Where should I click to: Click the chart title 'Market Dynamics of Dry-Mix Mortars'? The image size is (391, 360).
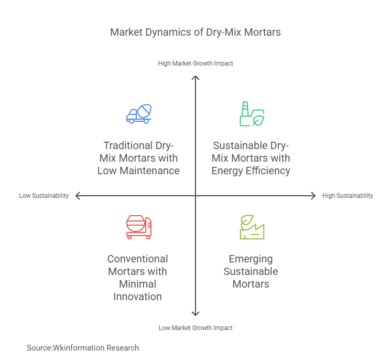pyautogui.click(x=195, y=32)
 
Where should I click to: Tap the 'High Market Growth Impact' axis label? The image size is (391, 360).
pyautogui.click(x=195, y=63)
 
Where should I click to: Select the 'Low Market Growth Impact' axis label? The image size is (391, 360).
pyautogui.click(x=195, y=327)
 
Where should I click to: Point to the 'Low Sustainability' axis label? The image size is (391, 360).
pyautogui.click(x=44, y=196)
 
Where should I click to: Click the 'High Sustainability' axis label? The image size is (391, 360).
pyautogui.click(x=347, y=196)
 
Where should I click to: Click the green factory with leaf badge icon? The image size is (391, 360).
pyautogui.click(x=252, y=114)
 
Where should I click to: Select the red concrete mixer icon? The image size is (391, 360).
pyautogui.click(x=139, y=227)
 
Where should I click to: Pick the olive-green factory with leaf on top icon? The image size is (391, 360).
pyautogui.click(x=252, y=227)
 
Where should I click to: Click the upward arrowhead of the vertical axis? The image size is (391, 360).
pyautogui.click(x=195, y=78)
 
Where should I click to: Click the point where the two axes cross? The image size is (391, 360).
pyautogui.click(x=195, y=196)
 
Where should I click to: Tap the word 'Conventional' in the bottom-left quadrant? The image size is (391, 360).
pyautogui.click(x=137, y=259)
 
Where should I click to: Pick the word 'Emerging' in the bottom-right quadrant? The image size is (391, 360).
pyautogui.click(x=251, y=259)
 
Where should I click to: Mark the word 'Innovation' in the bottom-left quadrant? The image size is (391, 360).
pyautogui.click(x=138, y=297)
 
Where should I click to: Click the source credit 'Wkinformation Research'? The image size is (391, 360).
pyautogui.click(x=96, y=347)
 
